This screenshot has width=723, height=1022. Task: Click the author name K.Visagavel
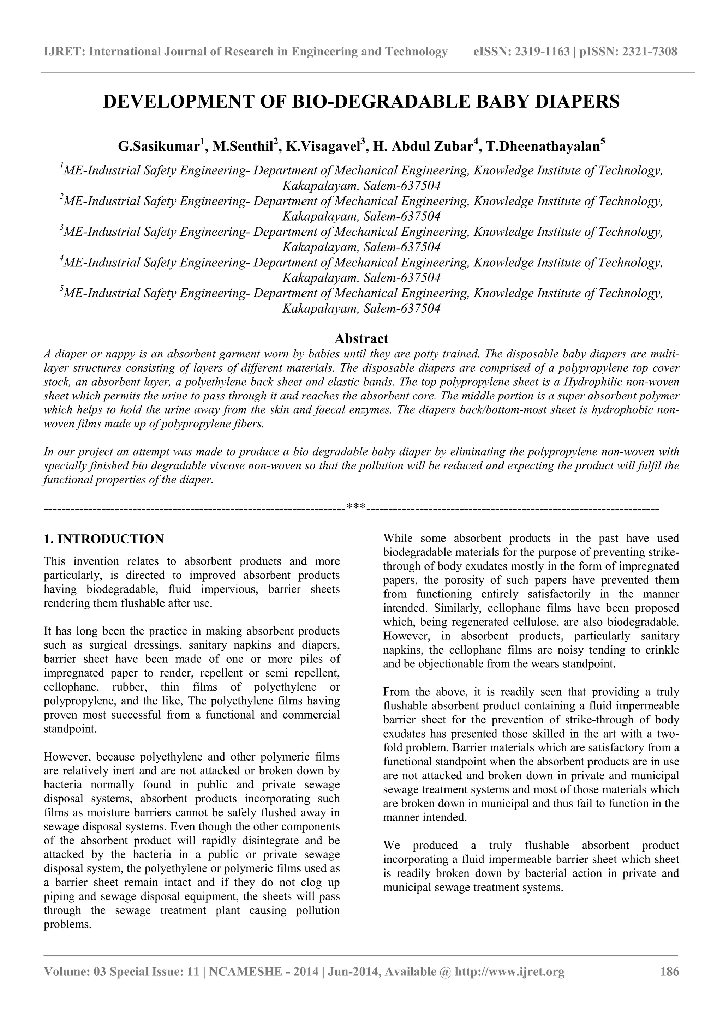[x=323, y=146]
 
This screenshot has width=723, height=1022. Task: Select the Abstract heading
[x=361, y=339]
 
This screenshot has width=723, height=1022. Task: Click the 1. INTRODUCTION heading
[x=104, y=539]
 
